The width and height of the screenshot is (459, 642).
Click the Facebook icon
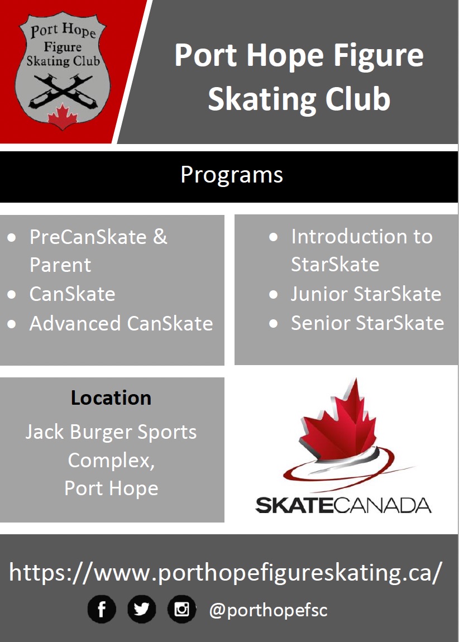(102, 609)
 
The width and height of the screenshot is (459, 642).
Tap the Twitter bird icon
(142, 609)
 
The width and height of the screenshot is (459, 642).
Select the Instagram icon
(181, 609)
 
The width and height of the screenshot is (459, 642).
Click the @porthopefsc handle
(268, 610)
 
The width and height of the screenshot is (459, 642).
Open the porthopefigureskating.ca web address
(226, 573)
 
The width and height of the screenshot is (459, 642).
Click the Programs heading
(232, 175)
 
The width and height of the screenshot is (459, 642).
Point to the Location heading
(111, 398)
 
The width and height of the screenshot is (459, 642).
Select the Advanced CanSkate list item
(121, 324)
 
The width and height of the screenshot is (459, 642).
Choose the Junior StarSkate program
(366, 294)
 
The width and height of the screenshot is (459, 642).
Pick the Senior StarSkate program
(367, 323)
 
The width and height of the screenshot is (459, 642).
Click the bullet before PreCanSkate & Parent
(12, 238)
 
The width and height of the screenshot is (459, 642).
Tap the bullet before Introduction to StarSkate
(274, 237)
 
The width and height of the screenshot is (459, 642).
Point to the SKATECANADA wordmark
(343, 505)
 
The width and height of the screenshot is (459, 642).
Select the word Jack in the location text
(44, 433)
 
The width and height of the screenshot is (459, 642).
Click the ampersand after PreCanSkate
(160, 237)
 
